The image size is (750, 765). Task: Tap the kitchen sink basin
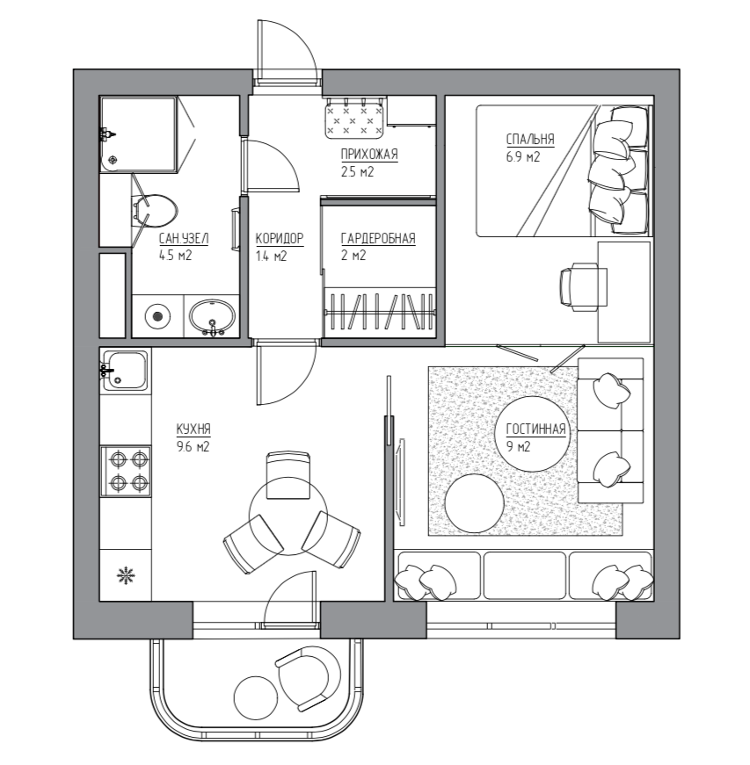(127, 371)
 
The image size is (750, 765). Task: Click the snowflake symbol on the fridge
(126, 575)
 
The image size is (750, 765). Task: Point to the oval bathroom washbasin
(212, 315)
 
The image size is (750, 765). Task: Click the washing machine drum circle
(157, 316)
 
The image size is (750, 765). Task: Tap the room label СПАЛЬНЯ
(530, 140)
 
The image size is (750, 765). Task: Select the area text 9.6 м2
(193, 446)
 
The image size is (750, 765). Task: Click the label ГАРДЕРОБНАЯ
(378, 239)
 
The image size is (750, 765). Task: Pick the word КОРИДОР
(280, 239)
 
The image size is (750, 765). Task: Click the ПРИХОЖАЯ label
(369, 155)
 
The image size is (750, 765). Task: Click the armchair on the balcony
(308, 679)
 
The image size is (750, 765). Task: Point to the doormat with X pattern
(354, 117)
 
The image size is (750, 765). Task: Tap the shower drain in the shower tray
(113, 160)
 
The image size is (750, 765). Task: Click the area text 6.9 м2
(523, 157)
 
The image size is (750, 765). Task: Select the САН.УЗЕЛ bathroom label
(184, 239)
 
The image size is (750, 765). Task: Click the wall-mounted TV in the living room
(401, 482)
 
